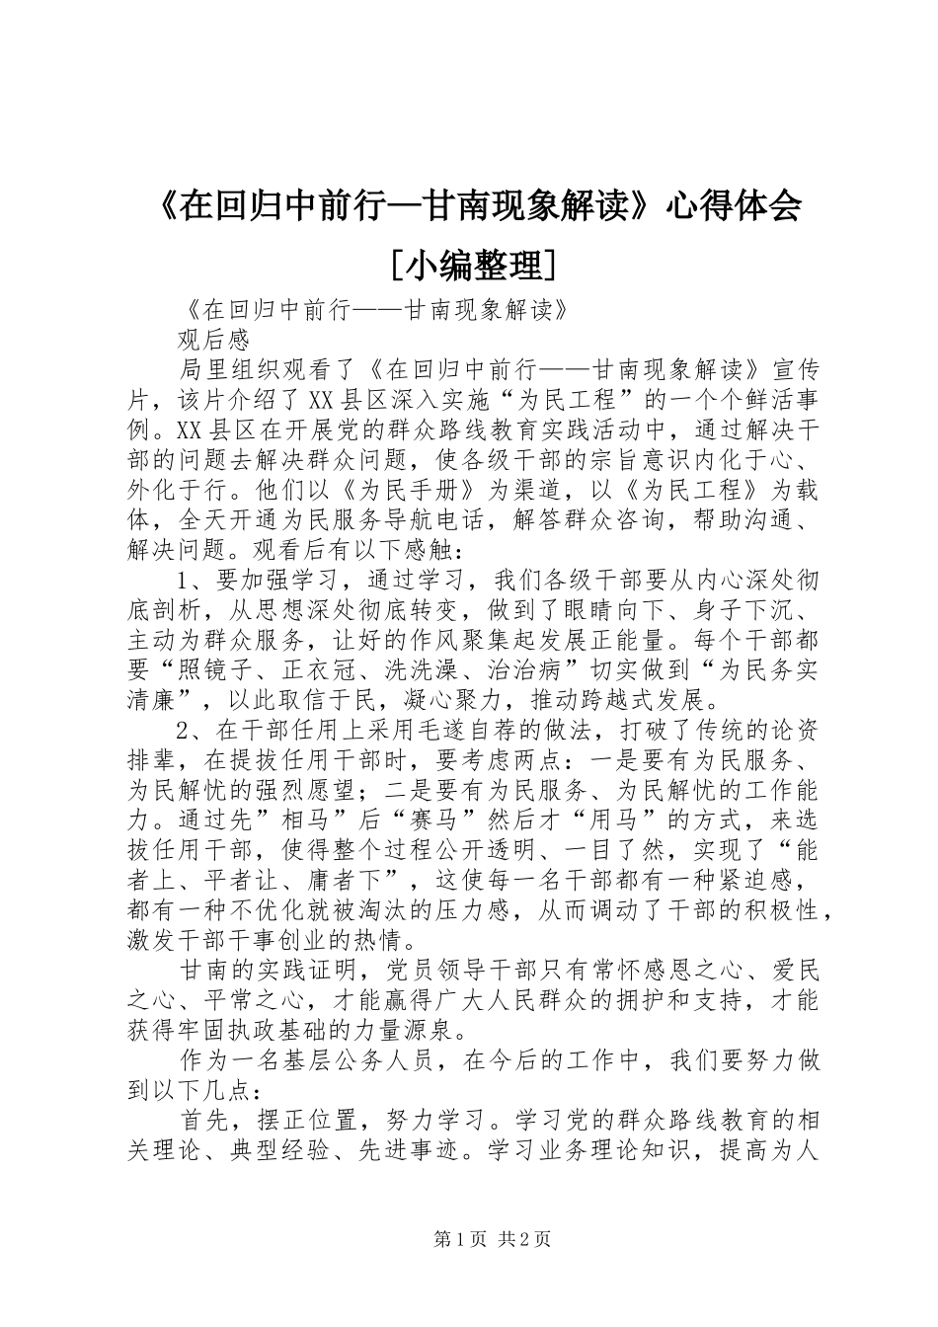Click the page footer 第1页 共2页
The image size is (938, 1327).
point(492,1240)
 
